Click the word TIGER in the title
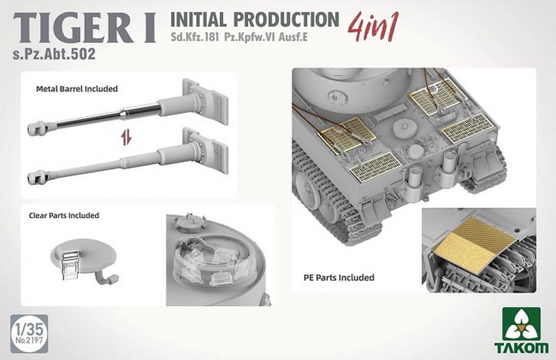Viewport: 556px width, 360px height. tap(74, 29)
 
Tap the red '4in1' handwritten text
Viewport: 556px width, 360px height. tap(373, 26)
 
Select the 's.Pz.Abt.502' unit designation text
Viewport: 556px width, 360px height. tap(54, 54)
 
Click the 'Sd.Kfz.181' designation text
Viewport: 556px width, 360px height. tap(195, 37)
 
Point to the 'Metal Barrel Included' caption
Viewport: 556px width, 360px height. tap(77, 89)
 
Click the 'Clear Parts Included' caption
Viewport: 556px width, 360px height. tap(64, 215)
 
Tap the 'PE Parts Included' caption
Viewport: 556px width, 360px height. tap(339, 277)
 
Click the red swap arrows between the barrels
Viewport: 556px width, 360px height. tap(126, 138)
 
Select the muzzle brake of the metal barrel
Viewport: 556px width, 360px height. tap(38, 128)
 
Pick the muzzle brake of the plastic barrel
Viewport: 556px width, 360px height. tap(38, 177)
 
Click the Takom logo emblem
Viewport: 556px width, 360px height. tap(521, 325)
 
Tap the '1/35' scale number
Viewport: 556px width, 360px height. tap(29, 329)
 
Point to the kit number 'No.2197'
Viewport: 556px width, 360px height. tap(29, 341)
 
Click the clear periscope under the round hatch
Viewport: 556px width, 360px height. tap(71, 264)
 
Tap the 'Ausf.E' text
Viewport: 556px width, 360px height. tap(293, 37)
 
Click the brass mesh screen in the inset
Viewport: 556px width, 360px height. tap(474, 245)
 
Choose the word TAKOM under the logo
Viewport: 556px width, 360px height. tap(521, 348)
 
